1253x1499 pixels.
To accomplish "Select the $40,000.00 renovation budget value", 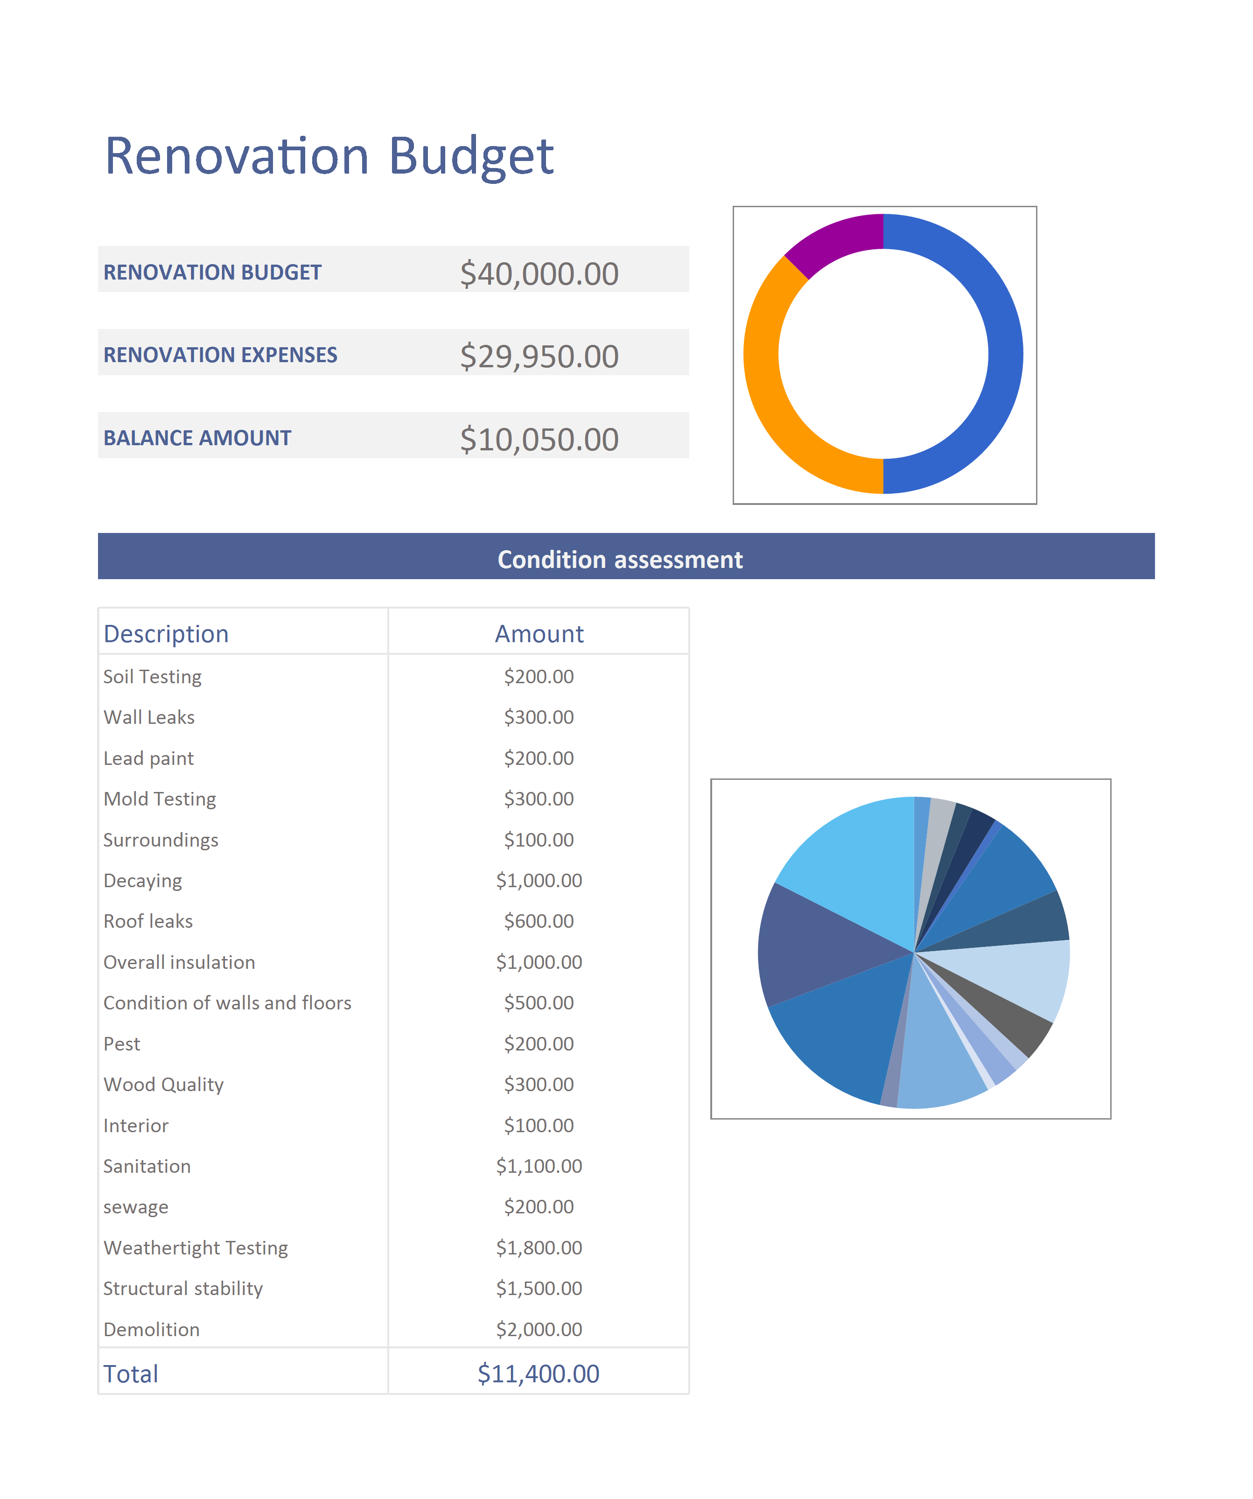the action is point(539,274).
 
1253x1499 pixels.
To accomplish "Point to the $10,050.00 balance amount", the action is point(539,440).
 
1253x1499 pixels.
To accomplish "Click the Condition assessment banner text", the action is point(620,560).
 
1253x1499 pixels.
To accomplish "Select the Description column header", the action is point(166,634).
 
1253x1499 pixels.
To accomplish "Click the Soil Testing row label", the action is point(152,677).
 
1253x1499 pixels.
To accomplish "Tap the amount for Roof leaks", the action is point(539,922).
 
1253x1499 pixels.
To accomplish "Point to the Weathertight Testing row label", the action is point(196,1248).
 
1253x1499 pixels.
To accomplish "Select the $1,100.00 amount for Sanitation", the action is point(539,1166).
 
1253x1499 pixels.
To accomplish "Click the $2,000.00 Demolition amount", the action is point(539,1330).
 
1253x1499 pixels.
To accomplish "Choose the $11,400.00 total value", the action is point(539,1374).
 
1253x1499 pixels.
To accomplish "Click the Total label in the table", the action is point(131,1374).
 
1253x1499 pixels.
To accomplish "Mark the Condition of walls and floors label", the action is point(227,1003).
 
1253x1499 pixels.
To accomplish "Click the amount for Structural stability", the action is point(539,1289).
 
